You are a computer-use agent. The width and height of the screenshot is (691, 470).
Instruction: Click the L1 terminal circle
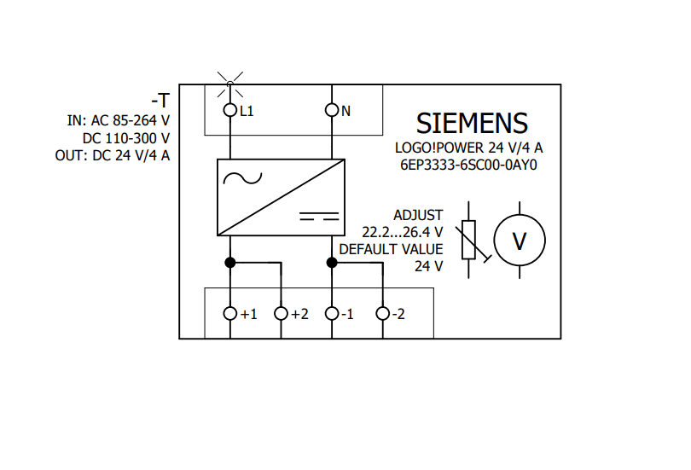tap(229, 110)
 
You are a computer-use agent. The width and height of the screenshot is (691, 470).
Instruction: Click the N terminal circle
tap(332, 110)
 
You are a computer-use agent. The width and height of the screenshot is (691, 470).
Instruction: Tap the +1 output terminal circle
tap(229, 314)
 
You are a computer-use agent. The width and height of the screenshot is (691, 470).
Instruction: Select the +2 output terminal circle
tap(281, 314)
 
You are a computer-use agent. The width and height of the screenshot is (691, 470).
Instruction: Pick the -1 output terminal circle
tap(332, 314)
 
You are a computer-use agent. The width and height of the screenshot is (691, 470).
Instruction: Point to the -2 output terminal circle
tap(383, 314)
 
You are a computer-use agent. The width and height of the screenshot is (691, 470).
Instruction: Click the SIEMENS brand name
tap(472, 123)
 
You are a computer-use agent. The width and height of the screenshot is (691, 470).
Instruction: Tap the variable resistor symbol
tap(468, 240)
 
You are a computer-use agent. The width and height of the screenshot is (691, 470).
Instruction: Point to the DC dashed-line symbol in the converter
tap(319, 215)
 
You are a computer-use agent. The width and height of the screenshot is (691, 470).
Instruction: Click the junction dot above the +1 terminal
tap(229, 263)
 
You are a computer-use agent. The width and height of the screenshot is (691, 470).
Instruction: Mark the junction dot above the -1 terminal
tap(332, 263)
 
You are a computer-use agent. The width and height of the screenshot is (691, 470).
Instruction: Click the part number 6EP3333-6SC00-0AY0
tap(473, 165)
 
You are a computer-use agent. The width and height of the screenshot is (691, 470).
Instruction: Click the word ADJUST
tap(418, 215)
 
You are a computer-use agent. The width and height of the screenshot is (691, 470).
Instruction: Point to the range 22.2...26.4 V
tap(402, 232)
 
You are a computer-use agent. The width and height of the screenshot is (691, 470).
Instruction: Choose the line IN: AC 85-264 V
tap(119, 120)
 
